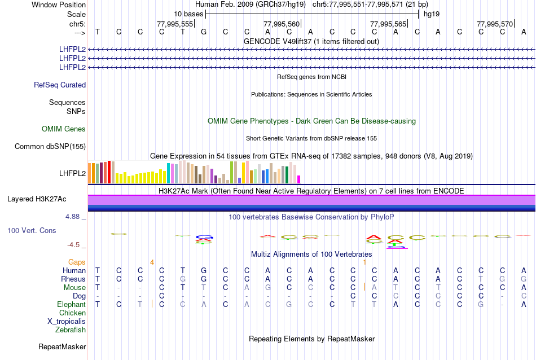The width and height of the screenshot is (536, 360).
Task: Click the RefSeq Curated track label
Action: [60, 85]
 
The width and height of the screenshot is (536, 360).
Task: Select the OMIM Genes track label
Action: [64, 129]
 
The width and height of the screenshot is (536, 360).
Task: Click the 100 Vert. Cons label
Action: [32, 231]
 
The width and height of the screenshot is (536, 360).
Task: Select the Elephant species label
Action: [71, 305]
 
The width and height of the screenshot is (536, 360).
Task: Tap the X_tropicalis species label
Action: [67, 321]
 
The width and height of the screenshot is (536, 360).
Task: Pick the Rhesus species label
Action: [73, 279]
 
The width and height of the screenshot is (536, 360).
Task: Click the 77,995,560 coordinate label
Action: [282, 24]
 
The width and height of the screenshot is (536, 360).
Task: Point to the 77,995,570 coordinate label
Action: [495, 24]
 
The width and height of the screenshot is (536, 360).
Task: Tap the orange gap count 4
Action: [152, 262]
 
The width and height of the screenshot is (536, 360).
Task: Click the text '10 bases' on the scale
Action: [188, 14]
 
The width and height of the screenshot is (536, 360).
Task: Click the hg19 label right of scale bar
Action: [432, 14]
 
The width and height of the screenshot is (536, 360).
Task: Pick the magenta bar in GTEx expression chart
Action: [298, 179]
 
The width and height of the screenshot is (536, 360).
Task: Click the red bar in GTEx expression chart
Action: [109, 172]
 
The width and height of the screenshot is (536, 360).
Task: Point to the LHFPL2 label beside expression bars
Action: [72, 173]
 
